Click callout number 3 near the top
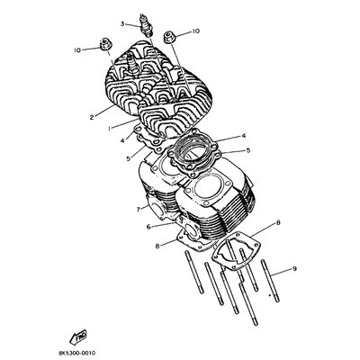122,23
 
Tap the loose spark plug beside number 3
148,26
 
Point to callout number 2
92,117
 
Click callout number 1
110,128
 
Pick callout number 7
139,210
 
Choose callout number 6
148,227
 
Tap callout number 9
294,269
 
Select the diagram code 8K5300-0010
77,353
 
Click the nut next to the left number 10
105,44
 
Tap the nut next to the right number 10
169,37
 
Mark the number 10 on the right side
195,31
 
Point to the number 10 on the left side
77,50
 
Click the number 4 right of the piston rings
244,136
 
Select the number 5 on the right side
247,150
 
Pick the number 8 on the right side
278,222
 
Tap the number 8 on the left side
157,246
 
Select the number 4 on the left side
121,140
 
